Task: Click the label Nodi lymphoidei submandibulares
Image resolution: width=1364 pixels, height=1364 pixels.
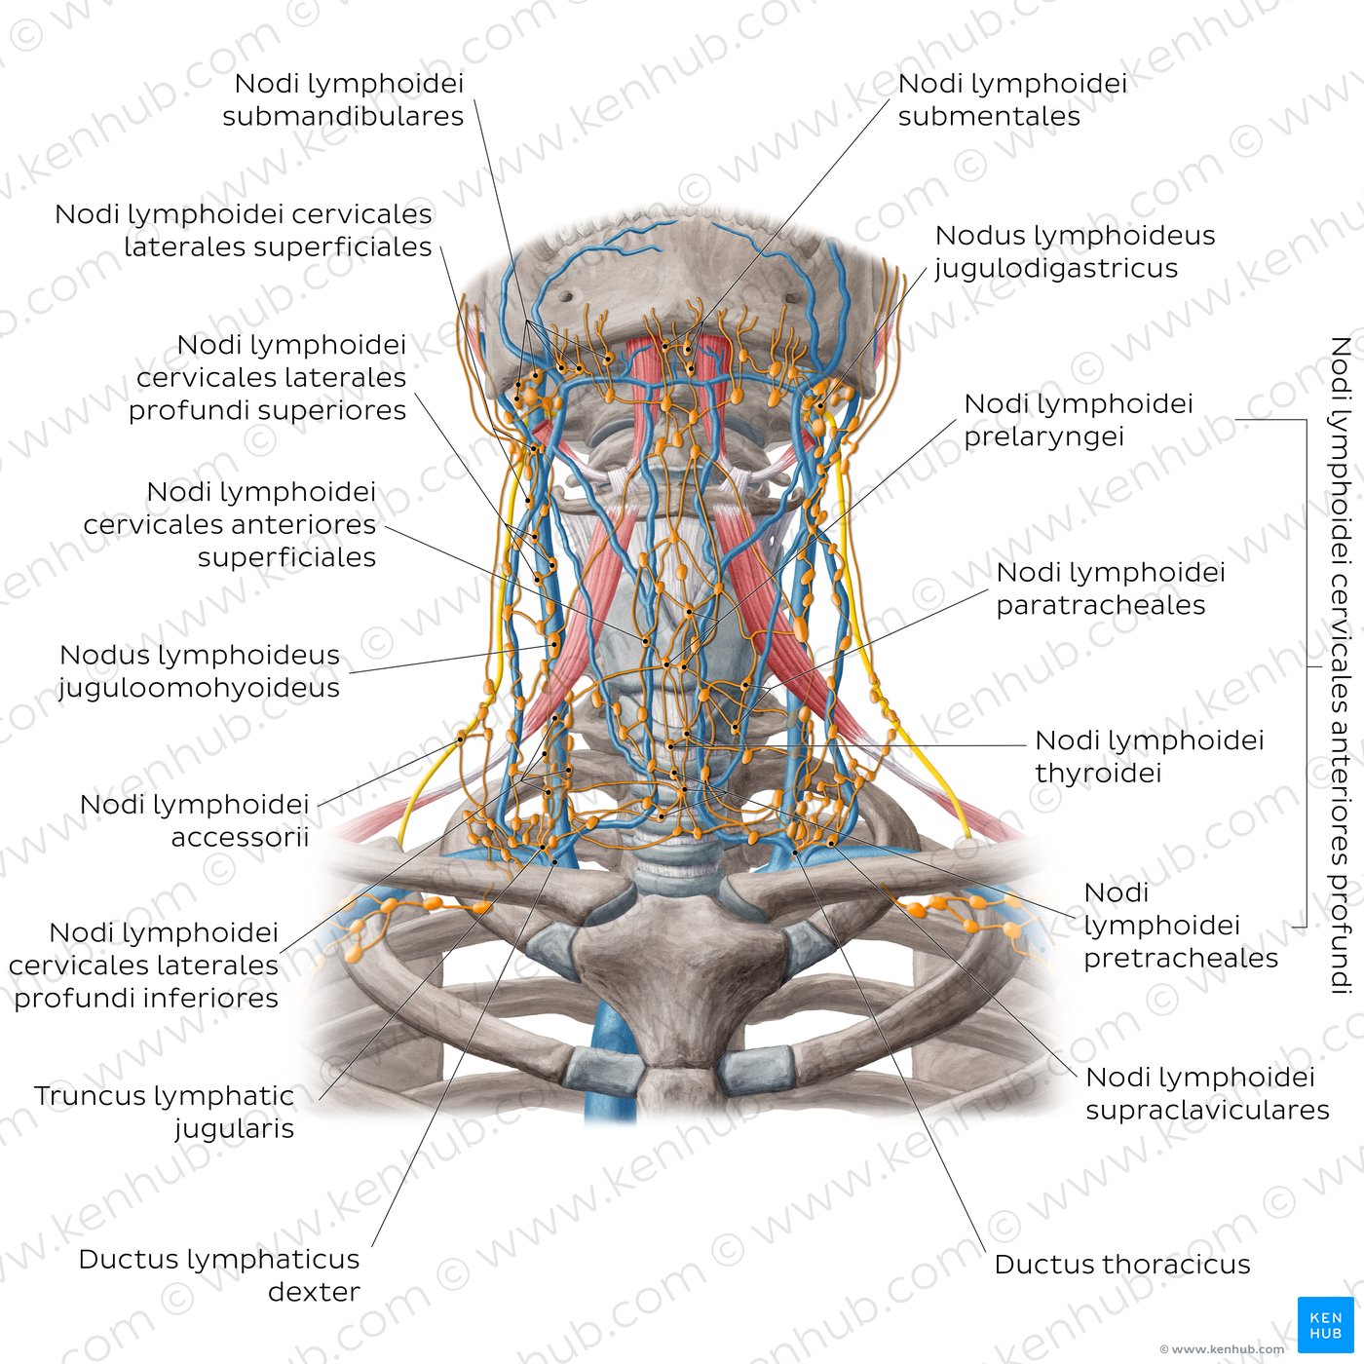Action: point(343,99)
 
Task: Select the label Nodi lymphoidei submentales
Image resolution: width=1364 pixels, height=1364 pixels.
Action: point(1012,99)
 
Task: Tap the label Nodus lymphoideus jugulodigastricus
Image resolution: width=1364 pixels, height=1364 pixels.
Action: point(1075,252)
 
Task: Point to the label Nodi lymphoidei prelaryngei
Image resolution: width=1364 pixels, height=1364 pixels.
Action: point(1078,420)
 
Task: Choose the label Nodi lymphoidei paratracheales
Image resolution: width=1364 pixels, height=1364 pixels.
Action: point(1111,588)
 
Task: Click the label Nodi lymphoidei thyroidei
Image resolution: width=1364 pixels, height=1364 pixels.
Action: point(1149,757)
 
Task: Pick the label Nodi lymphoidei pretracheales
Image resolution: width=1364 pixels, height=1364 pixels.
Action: point(1181,926)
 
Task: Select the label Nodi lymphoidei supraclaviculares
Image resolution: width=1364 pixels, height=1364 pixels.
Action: point(1207,1093)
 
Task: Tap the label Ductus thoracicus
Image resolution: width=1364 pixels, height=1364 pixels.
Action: point(1122,1265)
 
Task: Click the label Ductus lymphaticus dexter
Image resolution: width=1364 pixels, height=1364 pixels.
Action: point(219,1275)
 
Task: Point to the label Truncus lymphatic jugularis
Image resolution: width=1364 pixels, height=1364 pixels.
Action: point(165,1112)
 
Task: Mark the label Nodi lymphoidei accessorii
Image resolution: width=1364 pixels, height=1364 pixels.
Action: point(195,820)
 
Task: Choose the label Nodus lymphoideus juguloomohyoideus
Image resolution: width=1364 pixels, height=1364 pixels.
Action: point(200,671)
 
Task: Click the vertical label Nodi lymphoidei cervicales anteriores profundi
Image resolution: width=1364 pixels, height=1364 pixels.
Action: point(1340,665)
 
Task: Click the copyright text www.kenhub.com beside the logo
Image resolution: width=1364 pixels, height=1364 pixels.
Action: point(1222,1349)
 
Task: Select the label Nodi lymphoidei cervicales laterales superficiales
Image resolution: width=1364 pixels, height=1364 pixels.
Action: point(244,230)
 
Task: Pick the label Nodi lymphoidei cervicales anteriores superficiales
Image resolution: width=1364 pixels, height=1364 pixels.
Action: point(230,524)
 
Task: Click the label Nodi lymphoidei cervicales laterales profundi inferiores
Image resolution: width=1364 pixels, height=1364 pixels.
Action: point(143,966)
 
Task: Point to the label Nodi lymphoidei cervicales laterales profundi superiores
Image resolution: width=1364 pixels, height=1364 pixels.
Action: point(268,377)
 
